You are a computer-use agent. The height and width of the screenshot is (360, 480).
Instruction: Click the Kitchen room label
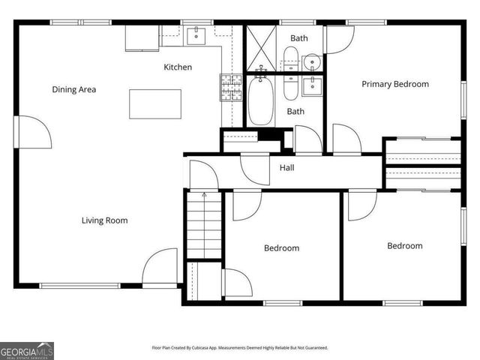tap(178, 67)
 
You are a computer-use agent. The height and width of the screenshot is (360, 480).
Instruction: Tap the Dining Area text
tap(73, 90)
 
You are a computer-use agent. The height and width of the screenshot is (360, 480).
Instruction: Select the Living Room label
tap(104, 220)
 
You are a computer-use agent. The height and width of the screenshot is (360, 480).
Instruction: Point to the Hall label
tap(286, 168)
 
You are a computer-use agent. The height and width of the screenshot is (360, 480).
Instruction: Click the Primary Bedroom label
tap(395, 84)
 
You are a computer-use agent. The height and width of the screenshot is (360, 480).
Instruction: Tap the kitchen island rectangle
tap(155, 103)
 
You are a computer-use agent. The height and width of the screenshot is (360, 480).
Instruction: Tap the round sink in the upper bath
tap(311, 61)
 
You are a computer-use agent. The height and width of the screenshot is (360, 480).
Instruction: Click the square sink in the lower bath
tap(311, 86)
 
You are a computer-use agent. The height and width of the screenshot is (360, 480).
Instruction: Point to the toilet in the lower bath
tap(290, 86)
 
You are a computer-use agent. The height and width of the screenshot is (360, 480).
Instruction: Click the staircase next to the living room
tap(204, 225)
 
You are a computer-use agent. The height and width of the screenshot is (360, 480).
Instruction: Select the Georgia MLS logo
tap(27, 350)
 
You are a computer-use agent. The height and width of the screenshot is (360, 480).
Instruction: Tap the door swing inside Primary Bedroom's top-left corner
tap(337, 39)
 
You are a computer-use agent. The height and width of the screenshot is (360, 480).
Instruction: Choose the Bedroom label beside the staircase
tap(281, 248)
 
